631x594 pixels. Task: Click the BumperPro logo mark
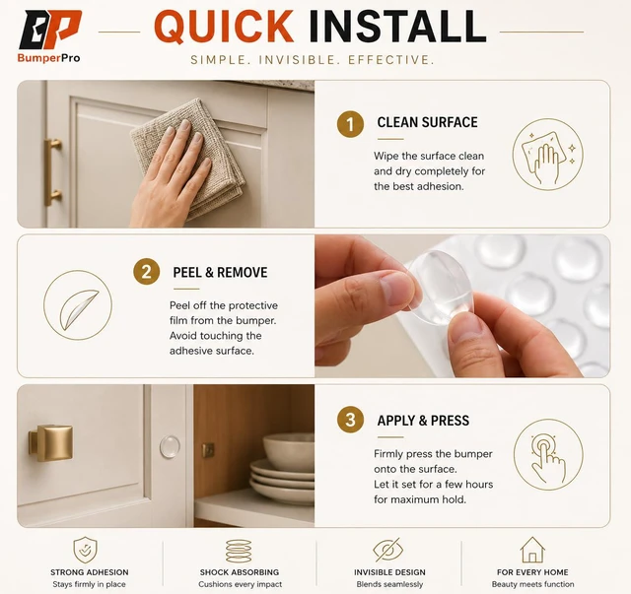pos(50,30)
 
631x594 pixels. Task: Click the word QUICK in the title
pos(224,27)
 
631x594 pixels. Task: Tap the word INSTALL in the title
pos(397,27)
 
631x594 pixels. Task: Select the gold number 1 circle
pos(350,124)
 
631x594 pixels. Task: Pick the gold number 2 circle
pos(147,272)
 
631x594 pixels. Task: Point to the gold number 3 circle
pos(350,420)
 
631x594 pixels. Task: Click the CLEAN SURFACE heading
pos(427,122)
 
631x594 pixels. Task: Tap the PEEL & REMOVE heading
pos(220,272)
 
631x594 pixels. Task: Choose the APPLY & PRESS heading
pos(423,421)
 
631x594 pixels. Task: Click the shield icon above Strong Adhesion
pos(85,550)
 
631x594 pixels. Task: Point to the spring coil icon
pos(239,551)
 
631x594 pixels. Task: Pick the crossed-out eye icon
pos(387,550)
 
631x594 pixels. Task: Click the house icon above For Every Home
pos(532,550)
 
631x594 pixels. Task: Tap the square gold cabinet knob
pos(50,442)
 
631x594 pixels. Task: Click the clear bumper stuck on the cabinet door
pos(170,447)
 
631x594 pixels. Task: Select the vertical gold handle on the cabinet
pos(52,172)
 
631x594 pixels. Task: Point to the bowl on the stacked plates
pos(289,451)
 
